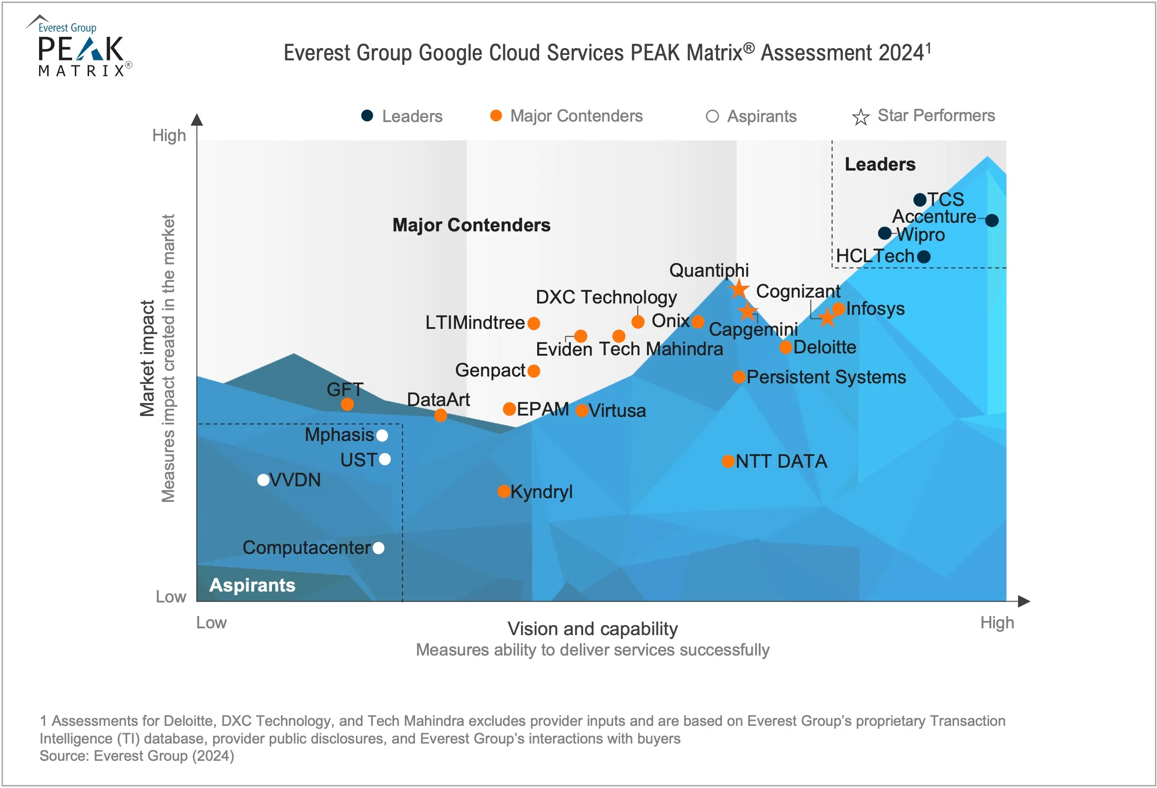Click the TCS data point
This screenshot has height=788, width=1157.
point(920,200)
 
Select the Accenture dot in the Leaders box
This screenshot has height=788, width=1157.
point(992,220)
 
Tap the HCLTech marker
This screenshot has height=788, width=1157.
point(924,257)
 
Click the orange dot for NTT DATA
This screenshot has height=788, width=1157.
point(728,461)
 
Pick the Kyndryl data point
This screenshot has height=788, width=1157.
point(504,491)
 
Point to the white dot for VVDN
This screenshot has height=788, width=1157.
point(263,480)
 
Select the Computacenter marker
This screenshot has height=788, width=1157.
point(378,548)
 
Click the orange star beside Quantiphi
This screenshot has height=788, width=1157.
point(739,289)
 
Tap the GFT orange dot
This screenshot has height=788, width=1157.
point(347,404)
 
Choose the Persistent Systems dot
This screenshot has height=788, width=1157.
point(739,377)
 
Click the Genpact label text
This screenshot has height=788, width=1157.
point(490,370)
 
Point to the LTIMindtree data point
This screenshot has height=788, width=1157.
point(534,323)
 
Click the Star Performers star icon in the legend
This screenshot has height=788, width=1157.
point(860,117)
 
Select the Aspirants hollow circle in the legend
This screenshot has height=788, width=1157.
point(712,117)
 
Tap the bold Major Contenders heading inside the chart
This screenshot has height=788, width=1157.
point(471,225)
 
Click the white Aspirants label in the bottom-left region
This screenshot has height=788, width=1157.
point(252,585)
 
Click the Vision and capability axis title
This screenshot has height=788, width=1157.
point(593,629)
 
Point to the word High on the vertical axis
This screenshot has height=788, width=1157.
point(169,135)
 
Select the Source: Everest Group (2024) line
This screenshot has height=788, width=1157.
point(137,756)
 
